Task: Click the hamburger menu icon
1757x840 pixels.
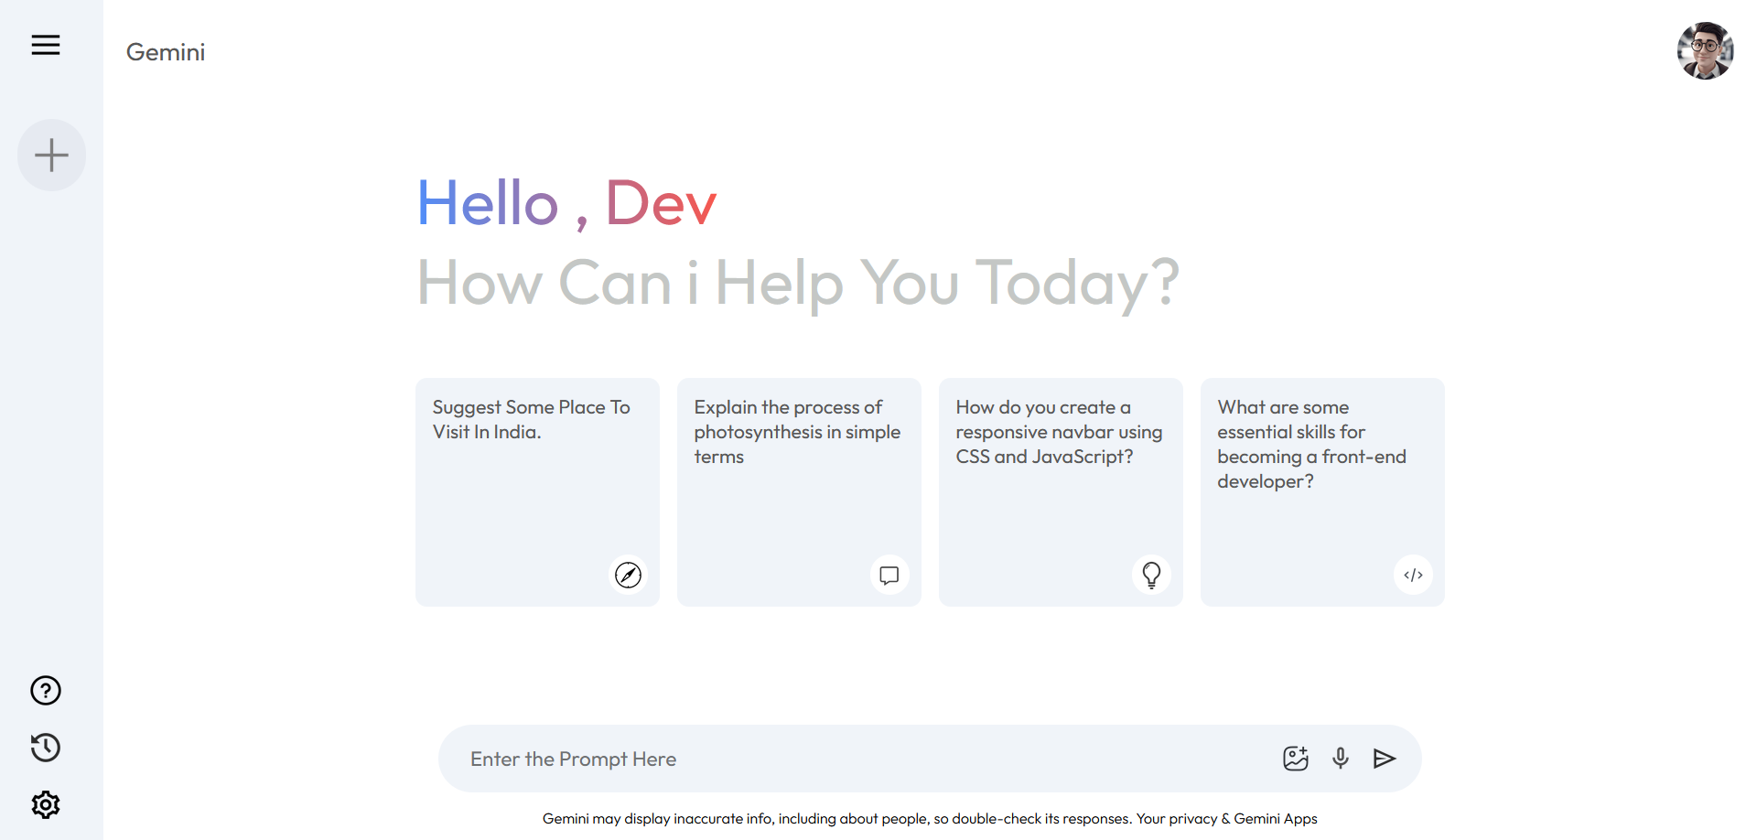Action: tap(46, 45)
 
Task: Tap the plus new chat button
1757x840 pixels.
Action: tap(51, 155)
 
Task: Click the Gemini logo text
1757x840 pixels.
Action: tap(166, 52)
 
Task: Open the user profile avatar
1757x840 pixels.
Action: tap(1705, 51)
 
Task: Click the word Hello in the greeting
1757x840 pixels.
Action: tap(488, 202)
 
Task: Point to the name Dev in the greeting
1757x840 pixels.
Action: tap(661, 202)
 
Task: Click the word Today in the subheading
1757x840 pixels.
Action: tap(1062, 283)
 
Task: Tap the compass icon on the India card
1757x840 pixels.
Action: tap(628, 575)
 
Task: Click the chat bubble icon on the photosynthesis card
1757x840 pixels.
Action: tap(889, 575)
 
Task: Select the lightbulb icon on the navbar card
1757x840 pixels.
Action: tap(1151, 575)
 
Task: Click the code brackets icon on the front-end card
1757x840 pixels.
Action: tap(1413, 575)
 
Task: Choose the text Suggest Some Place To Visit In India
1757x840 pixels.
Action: tap(531, 419)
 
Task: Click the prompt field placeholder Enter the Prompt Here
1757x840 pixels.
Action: tap(573, 759)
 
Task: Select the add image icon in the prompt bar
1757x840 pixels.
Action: tap(1296, 758)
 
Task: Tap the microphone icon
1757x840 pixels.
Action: tap(1341, 758)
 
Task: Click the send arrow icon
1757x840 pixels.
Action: tap(1385, 758)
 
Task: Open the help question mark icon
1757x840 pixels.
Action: tap(46, 690)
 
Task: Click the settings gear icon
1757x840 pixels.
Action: tap(46, 804)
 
